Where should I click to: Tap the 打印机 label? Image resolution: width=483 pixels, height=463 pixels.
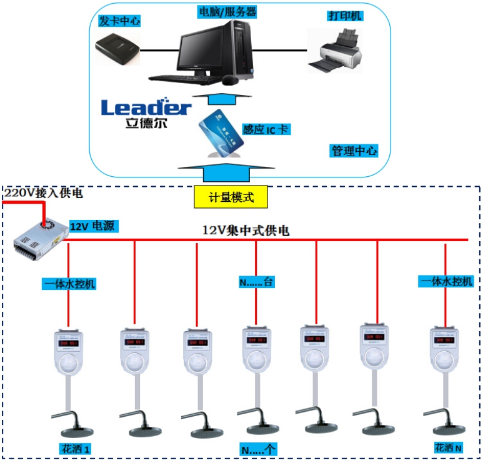pyautogui.click(x=344, y=15)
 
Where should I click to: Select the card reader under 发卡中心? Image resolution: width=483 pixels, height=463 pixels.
pyautogui.click(x=118, y=49)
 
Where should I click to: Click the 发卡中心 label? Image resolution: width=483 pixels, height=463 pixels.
pyautogui.click(x=119, y=21)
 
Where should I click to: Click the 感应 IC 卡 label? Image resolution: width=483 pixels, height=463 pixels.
pyautogui.click(x=266, y=129)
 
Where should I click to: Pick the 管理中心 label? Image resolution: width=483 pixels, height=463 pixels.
pyautogui.click(x=354, y=151)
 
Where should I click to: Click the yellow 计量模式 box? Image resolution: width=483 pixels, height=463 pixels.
pyautogui.click(x=231, y=197)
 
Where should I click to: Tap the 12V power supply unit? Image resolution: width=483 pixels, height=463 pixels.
pyautogui.click(x=40, y=240)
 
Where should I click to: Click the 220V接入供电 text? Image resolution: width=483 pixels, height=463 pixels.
pyautogui.click(x=43, y=193)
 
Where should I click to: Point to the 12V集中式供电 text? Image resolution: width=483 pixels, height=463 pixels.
pyautogui.click(x=246, y=231)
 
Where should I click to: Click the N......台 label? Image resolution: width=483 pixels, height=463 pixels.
pyautogui.click(x=257, y=282)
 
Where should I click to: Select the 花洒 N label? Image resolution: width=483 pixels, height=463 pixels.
pyautogui.click(x=449, y=447)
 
